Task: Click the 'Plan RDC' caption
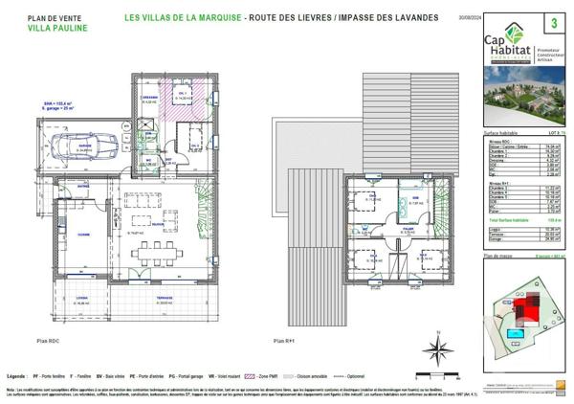(x=48, y=340)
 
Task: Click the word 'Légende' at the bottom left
(x=16, y=378)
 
